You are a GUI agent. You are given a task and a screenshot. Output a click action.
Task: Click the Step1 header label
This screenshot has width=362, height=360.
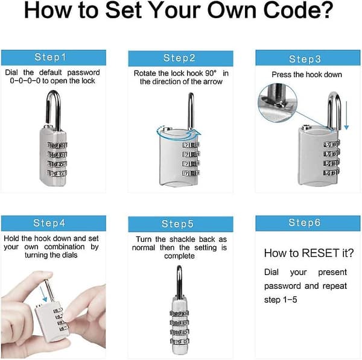(50, 57)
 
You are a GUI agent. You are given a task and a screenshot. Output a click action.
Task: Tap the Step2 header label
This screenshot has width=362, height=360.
(179, 58)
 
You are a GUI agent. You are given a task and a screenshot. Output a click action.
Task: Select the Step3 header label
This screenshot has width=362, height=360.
(305, 59)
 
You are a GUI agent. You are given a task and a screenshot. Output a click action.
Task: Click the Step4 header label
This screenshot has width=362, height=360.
(49, 223)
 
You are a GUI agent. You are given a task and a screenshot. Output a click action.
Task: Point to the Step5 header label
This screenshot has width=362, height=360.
(177, 224)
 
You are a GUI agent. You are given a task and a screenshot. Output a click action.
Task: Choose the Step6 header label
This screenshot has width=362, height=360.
(305, 223)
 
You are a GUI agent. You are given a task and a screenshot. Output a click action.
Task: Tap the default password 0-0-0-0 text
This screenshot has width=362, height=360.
(25, 81)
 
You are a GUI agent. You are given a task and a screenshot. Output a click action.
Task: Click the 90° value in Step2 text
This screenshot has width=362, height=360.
(211, 73)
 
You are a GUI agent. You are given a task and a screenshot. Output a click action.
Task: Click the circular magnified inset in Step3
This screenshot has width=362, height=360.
(278, 103)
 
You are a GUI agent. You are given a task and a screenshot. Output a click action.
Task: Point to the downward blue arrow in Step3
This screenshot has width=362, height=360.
(346, 115)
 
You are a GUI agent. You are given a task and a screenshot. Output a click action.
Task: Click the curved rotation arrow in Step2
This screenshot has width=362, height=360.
(178, 134)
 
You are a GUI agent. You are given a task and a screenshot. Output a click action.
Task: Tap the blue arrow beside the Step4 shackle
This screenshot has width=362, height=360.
(43, 294)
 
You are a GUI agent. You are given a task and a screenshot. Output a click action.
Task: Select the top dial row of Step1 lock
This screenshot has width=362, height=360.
(57, 145)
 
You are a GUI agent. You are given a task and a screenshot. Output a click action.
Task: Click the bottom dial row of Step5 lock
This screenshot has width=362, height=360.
(180, 341)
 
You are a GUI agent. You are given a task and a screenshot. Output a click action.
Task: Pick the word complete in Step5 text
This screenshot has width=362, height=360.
(179, 256)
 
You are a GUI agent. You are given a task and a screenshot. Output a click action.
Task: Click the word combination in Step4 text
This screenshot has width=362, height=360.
(65, 247)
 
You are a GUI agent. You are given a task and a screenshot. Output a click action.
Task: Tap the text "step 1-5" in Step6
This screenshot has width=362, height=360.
(281, 300)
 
